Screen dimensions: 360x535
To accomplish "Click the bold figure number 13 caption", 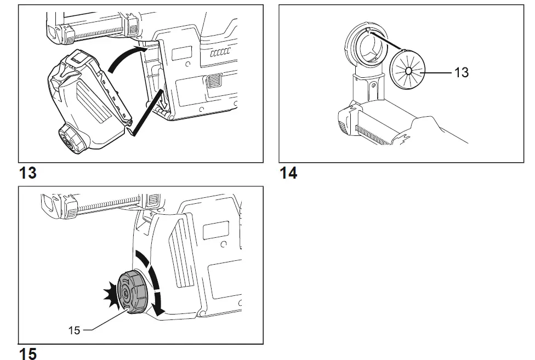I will pyautogui.click(x=28, y=174).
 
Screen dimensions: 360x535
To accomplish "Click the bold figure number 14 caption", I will pyautogui.click(x=288, y=174).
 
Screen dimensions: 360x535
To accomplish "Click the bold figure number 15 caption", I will pyautogui.click(x=28, y=353).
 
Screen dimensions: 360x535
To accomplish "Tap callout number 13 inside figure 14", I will pyautogui.click(x=461, y=72).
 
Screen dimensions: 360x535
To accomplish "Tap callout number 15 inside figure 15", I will pyautogui.click(x=74, y=330).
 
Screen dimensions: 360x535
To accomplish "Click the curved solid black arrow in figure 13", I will pyautogui.click(x=128, y=58).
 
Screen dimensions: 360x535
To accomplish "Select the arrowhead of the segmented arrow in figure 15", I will pyautogui.click(x=159, y=310).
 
